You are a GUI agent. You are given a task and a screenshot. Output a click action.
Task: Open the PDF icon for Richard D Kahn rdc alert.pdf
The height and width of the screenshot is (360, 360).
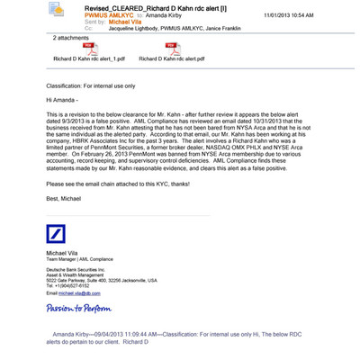coord(169,49)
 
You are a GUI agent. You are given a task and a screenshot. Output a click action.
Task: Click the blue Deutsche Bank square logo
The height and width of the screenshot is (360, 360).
coord(56,238)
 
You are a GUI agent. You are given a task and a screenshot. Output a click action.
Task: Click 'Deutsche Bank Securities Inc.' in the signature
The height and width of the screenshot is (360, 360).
coord(76,270)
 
